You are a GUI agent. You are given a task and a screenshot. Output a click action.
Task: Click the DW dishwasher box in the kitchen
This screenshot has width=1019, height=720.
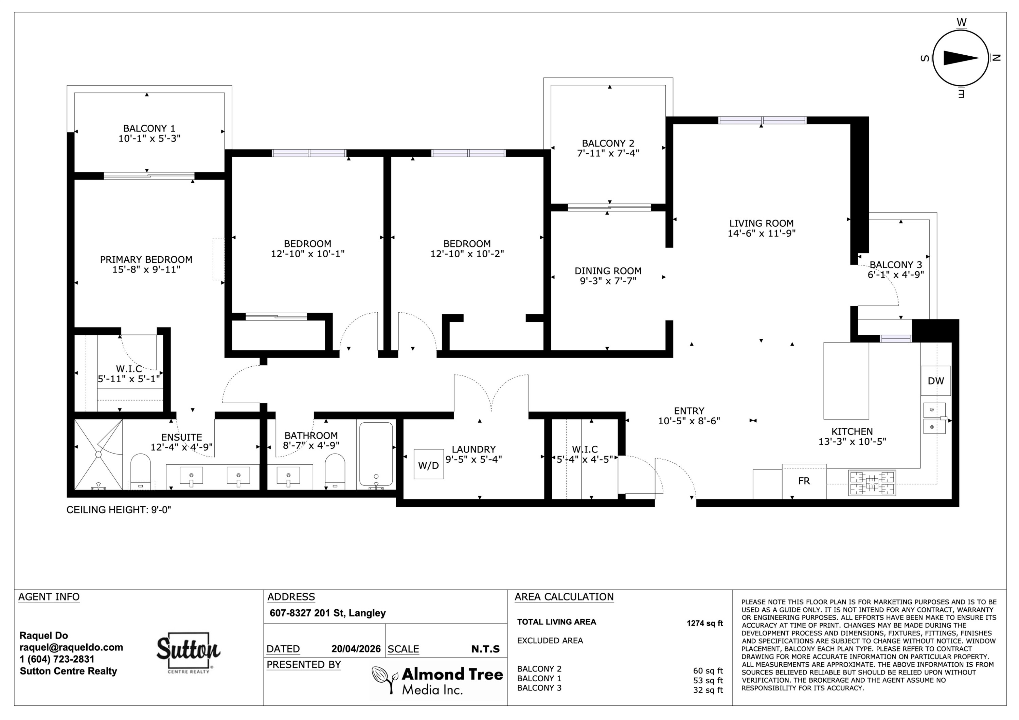pos(935,381)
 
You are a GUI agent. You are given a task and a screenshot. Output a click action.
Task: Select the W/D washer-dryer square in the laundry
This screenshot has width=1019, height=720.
pos(429,464)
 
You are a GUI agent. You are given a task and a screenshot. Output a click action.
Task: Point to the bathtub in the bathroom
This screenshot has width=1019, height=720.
pos(376,454)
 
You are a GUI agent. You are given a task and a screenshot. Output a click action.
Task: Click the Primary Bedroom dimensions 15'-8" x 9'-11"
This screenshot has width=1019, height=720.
pos(146,270)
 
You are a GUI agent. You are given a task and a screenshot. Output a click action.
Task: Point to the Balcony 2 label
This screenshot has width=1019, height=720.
pos(608,143)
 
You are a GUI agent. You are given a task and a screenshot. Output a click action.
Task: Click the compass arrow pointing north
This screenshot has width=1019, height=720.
pos(961,58)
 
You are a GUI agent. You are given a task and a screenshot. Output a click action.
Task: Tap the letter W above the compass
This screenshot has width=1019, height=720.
pos(961,22)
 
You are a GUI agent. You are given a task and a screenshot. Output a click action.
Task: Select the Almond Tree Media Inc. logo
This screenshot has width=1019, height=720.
pos(437,681)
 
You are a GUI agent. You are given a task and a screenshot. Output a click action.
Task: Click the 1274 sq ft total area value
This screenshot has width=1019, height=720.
pos(705,623)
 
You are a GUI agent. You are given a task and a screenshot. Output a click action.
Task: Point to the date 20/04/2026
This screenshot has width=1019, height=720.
pos(356,649)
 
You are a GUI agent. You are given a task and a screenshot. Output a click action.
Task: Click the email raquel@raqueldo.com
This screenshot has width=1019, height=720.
pos(71,647)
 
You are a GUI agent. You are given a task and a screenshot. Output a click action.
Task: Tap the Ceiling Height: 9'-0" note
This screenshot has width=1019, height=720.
pos(119,510)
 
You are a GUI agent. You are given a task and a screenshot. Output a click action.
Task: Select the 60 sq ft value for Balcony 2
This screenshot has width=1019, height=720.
pos(708,671)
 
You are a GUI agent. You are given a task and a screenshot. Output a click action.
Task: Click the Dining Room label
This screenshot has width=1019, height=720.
pos(608,271)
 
